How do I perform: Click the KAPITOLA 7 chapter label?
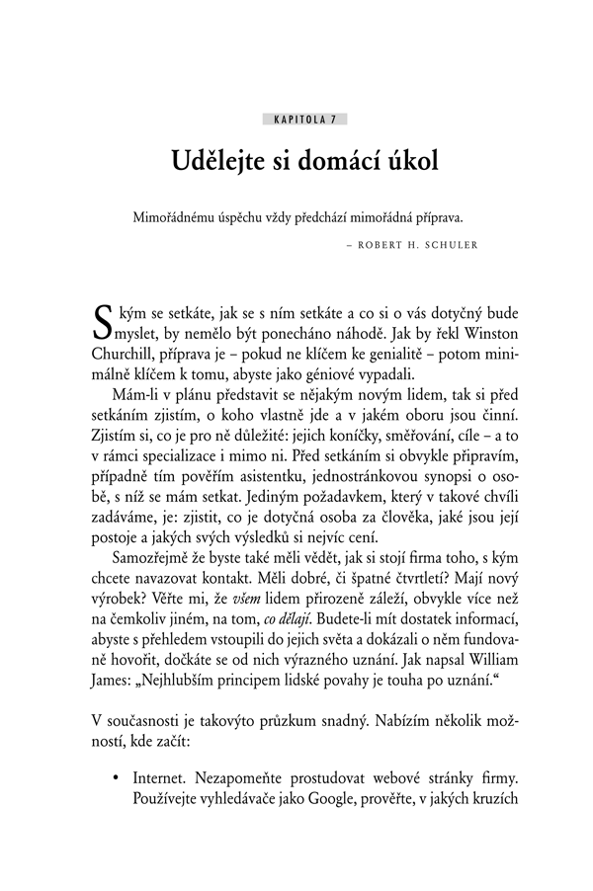304,120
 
